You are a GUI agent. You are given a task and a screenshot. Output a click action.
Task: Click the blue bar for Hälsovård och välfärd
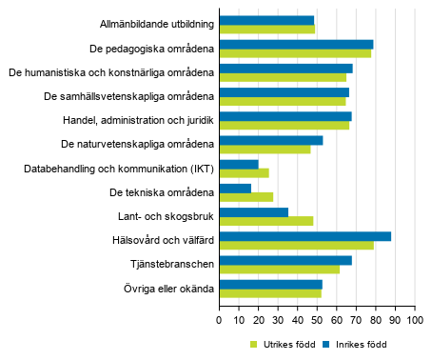(304, 236)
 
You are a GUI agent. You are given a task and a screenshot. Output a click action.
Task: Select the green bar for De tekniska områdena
(246, 197)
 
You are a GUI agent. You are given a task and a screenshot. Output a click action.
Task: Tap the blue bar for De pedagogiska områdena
(296, 44)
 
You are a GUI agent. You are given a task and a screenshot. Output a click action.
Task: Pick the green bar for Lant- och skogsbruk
(266, 221)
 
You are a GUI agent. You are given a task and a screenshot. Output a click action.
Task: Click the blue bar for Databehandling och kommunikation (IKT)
(239, 164)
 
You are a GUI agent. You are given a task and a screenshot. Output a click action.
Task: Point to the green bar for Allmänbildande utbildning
(266, 30)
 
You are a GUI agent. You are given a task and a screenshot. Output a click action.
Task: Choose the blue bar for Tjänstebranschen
(285, 260)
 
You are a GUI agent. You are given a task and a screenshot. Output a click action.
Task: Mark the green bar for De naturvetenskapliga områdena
(265, 150)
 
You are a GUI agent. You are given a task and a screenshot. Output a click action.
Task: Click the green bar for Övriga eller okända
(270, 293)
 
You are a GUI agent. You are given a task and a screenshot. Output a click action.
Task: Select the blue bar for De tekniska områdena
(235, 188)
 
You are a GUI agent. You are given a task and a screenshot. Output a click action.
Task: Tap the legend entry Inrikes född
(353, 344)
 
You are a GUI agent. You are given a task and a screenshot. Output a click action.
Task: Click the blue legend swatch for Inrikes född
(325, 344)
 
